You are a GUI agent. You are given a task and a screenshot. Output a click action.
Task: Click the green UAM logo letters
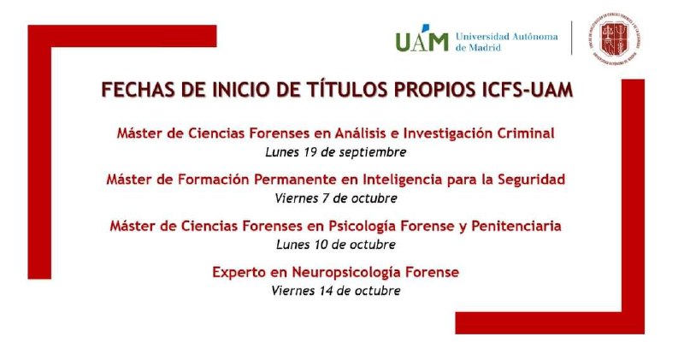coord(422,40)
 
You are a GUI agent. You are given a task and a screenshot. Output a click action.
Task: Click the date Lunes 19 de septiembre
coord(335,152)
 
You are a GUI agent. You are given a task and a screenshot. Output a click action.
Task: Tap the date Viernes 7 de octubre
coord(336,198)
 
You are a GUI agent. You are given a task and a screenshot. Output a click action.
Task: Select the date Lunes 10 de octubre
coord(336,245)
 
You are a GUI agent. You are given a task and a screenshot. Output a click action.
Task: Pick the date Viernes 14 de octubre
coord(336,291)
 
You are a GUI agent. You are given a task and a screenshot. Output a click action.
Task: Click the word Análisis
coord(361,133)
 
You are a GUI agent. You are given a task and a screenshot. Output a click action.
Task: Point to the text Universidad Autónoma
coord(507,36)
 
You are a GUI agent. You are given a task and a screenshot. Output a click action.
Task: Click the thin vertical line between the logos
coord(571,38)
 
